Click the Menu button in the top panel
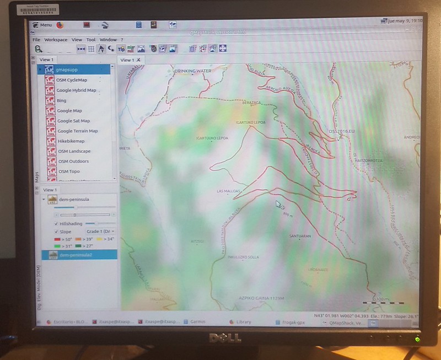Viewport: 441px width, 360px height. coord(43,25)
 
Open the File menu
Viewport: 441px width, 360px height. coord(36,40)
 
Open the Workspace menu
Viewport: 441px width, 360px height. coord(56,40)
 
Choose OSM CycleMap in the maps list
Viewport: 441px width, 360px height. coord(72,80)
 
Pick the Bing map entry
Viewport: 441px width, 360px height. coord(61,101)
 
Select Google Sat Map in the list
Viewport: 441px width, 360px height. coord(73,121)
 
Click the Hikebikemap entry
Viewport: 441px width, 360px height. coord(71,141)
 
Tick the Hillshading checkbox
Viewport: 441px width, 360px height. coord(56,224)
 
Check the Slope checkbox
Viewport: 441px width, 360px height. coord(56,232)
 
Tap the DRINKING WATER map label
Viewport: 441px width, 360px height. coord(192,71)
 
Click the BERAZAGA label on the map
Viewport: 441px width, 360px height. coord(251,103)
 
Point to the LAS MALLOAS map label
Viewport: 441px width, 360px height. coord(228,191)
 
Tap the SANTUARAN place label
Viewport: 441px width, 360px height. coord(300,235)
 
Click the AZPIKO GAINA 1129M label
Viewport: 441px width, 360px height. coord(261,298)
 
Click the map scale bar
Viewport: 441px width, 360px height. coord(383,303)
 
